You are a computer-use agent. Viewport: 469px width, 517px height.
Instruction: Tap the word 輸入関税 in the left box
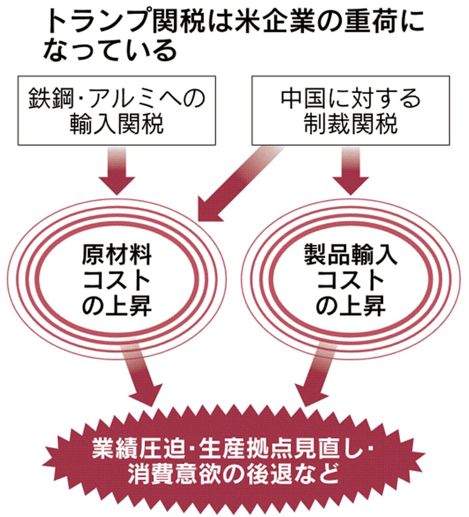(x=117, y=125)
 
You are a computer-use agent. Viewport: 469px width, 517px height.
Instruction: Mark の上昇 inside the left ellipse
(x=117, y=307)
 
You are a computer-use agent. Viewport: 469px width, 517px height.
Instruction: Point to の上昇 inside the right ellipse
(x=350, y=307)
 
